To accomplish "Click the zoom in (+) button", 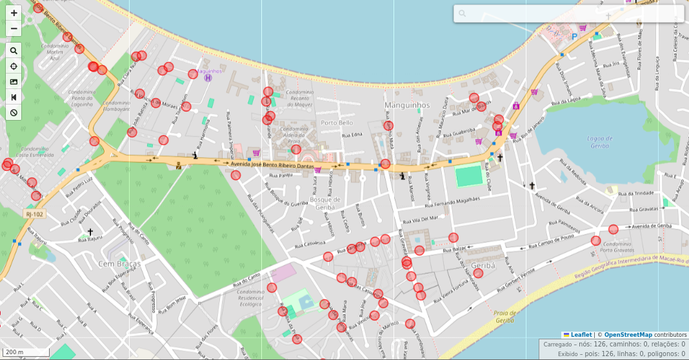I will [x=14, y=13].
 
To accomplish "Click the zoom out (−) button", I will [x=14, y=28].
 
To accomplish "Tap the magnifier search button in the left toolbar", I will [x=14, y=50].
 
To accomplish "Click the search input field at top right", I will [x=568, y=14].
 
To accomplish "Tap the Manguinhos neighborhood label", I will [x=406, y=105].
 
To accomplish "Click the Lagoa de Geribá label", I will [x=600, y=142].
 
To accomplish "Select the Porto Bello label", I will [x=337, y=123].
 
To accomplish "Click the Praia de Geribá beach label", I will [x=504, y=316].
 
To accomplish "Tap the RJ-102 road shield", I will [x=34, y=214].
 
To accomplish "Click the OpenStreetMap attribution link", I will [x=628, y=335].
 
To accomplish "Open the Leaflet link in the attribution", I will [x=581, y=335].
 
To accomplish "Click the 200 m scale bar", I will [x=26, y=352].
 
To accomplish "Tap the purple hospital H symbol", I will [x=208, y=78].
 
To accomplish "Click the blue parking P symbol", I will [x=574, y=37].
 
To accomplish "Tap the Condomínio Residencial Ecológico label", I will [x=251, y=297].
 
